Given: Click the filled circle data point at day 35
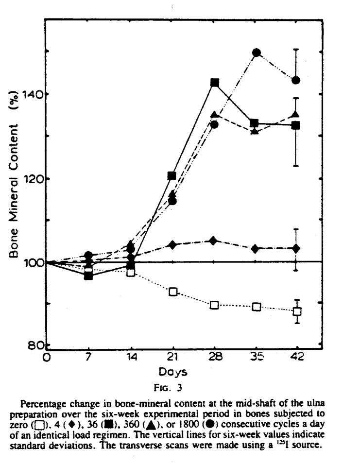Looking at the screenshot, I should pyautogui.click(x=257, y=52).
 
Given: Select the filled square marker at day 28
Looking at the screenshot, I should pyautogui.click(x=214, y=83).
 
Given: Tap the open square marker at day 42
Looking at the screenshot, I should pyautogui.click(x=296, y=311).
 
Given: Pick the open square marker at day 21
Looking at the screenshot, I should pyautogui.click(x=172, y=292).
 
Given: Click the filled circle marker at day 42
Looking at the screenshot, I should pyautogui.click(x=296, y=80).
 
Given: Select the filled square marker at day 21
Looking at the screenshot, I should pyautogui.click(x=172, y=175).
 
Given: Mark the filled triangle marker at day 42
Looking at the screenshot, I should pyautogui.click(x=296, y=115).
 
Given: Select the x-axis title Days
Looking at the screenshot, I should pyautogui.click(x=172, y=372).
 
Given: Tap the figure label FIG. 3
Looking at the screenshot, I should pyautogui.click(x=172, y=389).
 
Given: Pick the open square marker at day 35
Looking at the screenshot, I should pyautogui.click(x=257, y=307).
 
